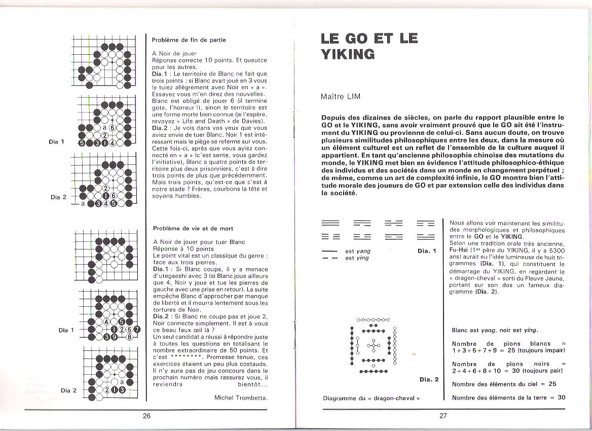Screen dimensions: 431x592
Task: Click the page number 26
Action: [147, 416]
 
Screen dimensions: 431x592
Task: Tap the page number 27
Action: [443, 416]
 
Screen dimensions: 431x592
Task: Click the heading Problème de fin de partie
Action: [189, 40]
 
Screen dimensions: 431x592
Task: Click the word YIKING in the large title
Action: [348, 54]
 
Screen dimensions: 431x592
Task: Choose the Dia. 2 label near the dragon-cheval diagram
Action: [429, 379]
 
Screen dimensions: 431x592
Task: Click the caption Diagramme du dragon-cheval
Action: [372, 398]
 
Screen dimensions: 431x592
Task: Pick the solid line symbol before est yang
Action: [329, 251]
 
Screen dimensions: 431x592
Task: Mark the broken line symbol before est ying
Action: [329, 258]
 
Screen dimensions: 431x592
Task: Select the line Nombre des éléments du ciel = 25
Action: [504, 384]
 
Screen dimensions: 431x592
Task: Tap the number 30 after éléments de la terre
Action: [561, 398]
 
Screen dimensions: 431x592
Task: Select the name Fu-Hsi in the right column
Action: [459, 250]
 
